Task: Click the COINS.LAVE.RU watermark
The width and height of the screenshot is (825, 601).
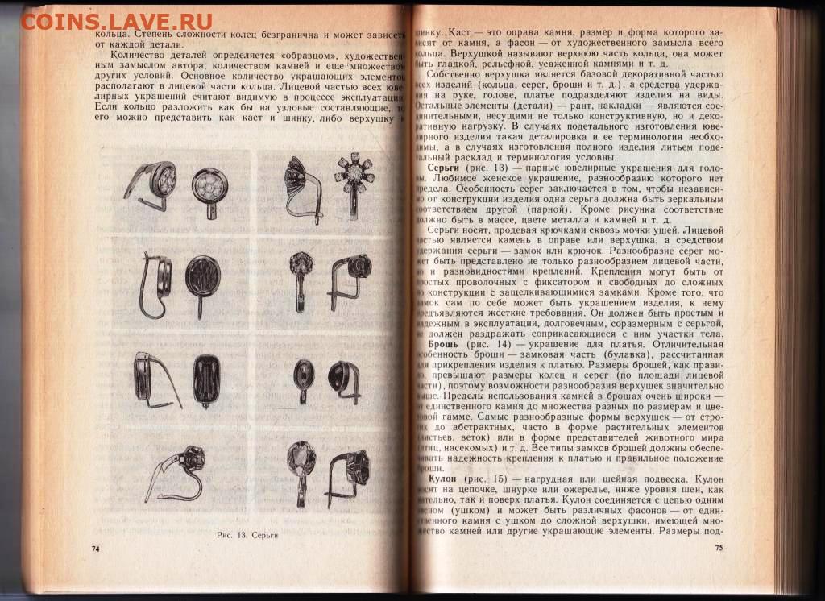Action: tap(117, 20)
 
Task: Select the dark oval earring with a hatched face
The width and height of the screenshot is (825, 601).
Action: tap(202, 282)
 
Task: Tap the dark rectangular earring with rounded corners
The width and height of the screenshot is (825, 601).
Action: tap(205, 379)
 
